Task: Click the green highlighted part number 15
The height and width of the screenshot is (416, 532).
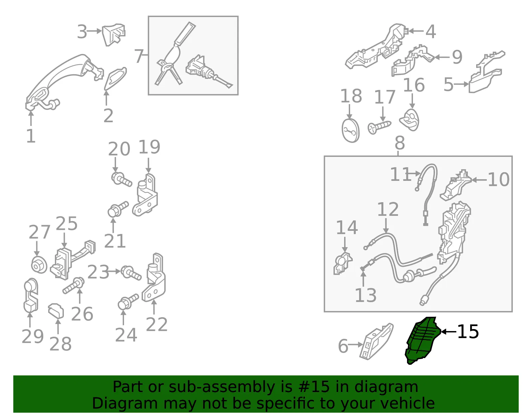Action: tap(422, 341)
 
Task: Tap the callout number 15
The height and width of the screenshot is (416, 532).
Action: tap(467, 332)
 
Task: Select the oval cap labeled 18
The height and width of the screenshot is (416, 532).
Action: tap(350, 131)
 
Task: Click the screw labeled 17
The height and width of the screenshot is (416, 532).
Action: tap(379, 127)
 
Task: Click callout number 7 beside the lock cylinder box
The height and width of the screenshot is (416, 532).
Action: tap(139, 56)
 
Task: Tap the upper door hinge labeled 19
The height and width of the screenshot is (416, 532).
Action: tap(145, 195)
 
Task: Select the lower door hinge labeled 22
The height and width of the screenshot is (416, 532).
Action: tap(154, 277)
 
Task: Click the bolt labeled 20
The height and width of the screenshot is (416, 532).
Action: tap(121, 180)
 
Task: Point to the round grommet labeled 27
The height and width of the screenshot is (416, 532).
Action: tap(39, 265)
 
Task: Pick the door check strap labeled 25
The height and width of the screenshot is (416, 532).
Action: tap(72, 260)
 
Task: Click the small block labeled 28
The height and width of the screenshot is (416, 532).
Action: tap(56, 311)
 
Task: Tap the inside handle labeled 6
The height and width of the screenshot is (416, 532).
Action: tap(376, 341)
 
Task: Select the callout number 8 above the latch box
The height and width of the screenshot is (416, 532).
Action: tap(400, 143)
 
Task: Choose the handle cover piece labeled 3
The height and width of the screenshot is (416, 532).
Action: tap(114, 34)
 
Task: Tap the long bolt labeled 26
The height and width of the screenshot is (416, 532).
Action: tap(73, 285)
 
